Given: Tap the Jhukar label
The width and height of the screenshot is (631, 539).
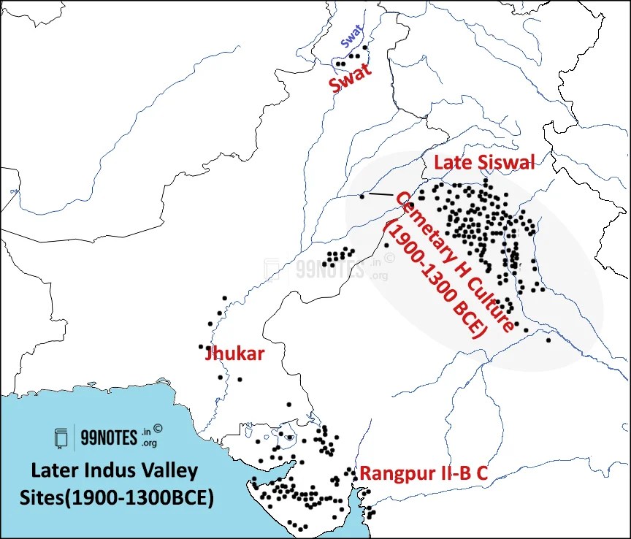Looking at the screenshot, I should (234, 353).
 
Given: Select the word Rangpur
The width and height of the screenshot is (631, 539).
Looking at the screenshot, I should (389, 473).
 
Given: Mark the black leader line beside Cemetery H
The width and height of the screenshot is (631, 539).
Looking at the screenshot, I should (380, 194).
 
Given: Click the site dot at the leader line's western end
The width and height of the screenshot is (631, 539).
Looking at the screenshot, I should (362, 196).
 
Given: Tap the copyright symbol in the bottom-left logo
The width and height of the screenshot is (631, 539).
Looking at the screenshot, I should (158, 432).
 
